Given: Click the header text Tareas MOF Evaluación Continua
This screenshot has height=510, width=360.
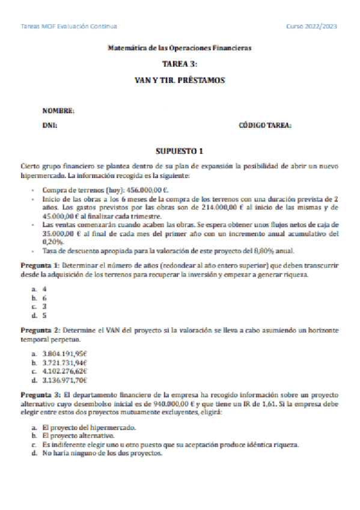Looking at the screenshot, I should (69, 26).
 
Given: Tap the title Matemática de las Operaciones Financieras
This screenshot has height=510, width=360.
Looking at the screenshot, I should (179, 48).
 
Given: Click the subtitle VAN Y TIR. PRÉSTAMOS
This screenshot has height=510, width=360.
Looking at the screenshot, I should (180, 79).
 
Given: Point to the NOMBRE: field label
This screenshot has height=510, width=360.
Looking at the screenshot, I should (58, 111).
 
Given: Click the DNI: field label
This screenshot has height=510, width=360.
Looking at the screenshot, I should (50, 126).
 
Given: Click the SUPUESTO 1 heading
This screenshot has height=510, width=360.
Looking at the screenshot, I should (180, 151).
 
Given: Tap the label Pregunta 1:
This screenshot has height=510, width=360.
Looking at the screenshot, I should (40, 265).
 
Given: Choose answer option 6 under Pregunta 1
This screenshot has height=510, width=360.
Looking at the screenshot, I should (44, 298).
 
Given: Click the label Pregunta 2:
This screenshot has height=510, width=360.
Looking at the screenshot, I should (40, 331).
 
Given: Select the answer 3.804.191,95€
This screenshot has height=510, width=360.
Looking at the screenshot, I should (65, 352).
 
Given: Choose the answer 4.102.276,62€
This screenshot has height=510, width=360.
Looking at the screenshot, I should (65, 371).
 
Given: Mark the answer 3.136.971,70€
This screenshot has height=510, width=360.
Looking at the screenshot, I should (65, 380).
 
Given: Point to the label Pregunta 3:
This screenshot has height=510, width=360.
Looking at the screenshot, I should (40, 395).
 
